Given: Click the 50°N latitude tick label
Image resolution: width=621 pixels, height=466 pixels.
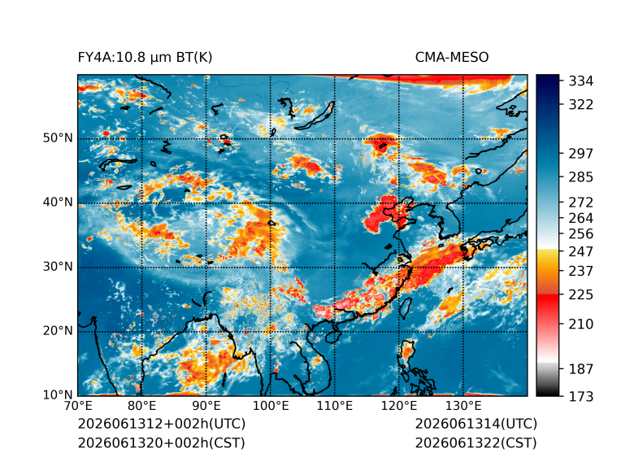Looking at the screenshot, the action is pyautogui.click(x=58, y=138).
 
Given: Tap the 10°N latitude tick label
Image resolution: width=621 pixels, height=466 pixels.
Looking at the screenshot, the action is pyautogui.click(x=58, y=394).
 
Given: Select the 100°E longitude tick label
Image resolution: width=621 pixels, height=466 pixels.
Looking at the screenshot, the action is pyautogui.click(x=271, y=406).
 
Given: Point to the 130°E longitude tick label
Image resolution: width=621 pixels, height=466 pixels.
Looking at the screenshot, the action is pyautogui.click(x=463, y=406).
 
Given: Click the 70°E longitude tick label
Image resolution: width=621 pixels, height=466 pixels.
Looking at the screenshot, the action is pyautogui.click(x=78, y=406).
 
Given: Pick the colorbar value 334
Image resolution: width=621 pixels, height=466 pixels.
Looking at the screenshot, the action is pyautogui.click(x=581, y=81).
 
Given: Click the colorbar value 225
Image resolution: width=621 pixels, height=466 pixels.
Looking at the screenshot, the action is pyautogui.click(x=581, y=295).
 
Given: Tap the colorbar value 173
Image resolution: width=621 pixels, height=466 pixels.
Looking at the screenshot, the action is pyautogui.click(x=581, y=396).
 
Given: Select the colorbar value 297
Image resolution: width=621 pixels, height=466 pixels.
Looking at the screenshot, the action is pyautogui.click(x=581, y=154).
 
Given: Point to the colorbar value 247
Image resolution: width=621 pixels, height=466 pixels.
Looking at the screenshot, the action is pyautogui.click(x=581, y=251).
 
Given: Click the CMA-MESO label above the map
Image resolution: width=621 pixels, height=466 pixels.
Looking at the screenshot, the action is pyautogui.click(x=452, y=58).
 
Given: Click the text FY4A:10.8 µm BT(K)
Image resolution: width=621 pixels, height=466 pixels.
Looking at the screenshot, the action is pyautogui.click(x=145, y=58).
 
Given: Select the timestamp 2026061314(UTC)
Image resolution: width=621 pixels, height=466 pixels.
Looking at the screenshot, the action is pyautogui.click(x=476, y=424).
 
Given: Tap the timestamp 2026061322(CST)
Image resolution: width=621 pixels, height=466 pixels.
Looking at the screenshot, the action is pyautogui.click(x=476, y=443).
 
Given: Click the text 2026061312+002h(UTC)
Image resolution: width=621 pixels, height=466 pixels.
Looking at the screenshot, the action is pyautogui.click(x=162, y=424).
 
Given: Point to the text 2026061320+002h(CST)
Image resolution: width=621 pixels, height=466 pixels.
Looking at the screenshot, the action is pyautogui.click(x=162, y=443).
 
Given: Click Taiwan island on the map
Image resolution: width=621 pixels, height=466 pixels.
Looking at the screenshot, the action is pyautogui.click(x=406, y=308).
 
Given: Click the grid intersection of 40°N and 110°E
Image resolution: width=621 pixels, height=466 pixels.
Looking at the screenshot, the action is pyautogui.click(x=335, y=203).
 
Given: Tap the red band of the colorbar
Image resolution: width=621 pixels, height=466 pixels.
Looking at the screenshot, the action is pyautogui.click(x=548, y=303).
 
